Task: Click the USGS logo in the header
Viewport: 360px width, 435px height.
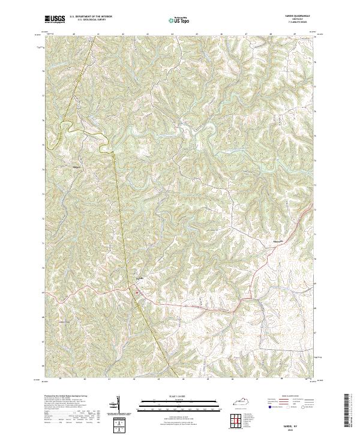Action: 55,19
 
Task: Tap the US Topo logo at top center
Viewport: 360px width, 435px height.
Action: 179,20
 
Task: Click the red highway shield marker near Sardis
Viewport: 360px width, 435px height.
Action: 139,292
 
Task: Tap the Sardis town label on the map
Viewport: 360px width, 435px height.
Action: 142,278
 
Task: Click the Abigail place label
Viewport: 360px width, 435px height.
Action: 76,166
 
